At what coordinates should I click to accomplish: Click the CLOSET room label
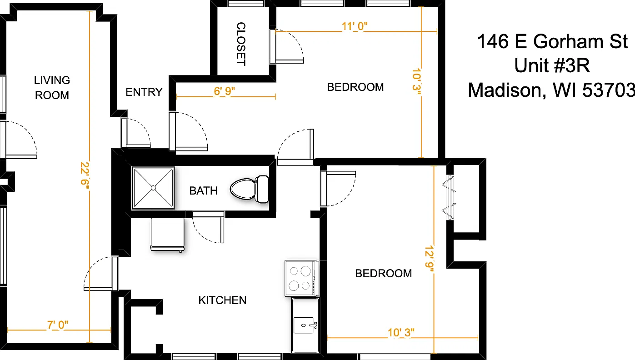pos(241,44)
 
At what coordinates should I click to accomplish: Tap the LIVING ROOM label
pos(52,88)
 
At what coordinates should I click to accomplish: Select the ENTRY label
pos(144,92)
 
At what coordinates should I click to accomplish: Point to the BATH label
pos(203,191)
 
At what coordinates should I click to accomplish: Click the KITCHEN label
pos(222,300)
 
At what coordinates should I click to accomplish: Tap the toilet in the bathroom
pos(250,189)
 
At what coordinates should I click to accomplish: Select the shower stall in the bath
pos(153,188)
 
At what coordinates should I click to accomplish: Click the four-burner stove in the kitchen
pos(302,278)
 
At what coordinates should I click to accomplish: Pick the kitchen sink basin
pos(305,325)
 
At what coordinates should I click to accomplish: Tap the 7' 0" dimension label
pos(58,325)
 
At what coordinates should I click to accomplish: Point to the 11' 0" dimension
pos(355,26)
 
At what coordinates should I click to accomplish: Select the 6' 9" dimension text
pos(224,91)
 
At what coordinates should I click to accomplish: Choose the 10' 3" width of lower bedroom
pos(401,333)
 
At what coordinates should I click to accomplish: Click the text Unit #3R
pos(552,65)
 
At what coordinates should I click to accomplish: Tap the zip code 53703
pos(608,90)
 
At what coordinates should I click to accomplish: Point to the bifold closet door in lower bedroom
pos(449,197)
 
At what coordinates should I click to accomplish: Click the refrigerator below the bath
pos(167,235)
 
